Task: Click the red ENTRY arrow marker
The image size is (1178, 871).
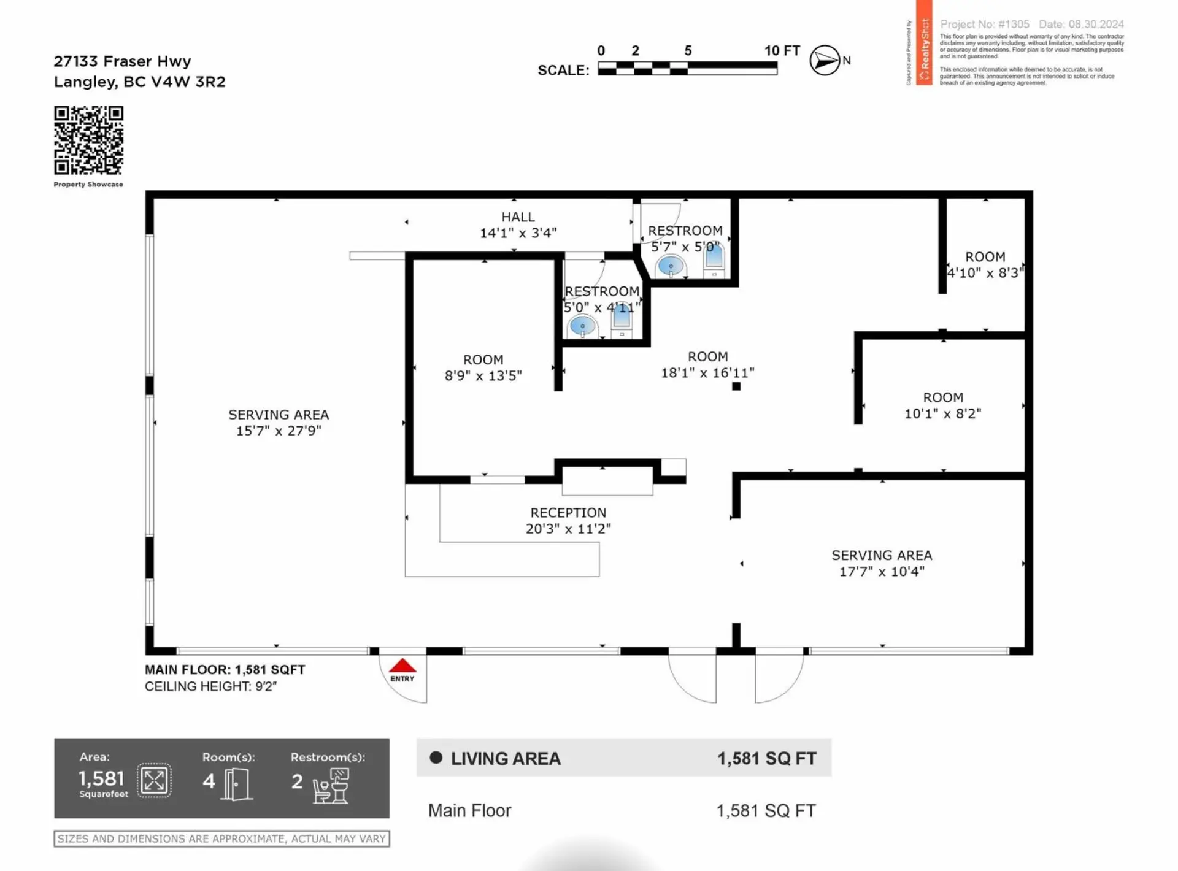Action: point(402,667)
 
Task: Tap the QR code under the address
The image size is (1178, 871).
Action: point(88,140)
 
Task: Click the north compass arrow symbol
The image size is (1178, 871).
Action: point(825,60)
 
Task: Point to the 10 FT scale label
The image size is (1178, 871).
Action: point(782,51)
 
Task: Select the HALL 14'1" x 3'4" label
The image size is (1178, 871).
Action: point(518,224)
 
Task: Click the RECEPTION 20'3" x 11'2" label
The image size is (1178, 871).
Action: point(568,520)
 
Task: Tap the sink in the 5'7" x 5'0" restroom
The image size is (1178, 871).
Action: point(670,267)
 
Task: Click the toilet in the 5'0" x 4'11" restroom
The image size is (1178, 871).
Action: point(622,319)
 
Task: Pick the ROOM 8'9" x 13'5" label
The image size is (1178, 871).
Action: point(483,367)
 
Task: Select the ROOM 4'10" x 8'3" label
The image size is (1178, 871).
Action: point(985,264)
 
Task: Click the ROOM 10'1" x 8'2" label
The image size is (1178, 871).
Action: point(943,405)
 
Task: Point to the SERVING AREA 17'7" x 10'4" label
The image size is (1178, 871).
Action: point(882,563)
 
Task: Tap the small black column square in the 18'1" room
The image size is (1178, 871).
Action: point(736,386)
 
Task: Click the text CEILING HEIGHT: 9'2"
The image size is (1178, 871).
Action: point(210,686)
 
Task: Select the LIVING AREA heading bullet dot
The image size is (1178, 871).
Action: point(436,758)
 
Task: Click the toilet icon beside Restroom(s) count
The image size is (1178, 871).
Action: point(331,785)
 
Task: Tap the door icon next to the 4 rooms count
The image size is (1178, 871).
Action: point(237,784)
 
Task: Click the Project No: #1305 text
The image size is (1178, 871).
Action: point(984,24)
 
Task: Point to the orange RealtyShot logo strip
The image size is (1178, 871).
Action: point(924,43)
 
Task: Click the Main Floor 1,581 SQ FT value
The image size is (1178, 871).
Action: point(766,811)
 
